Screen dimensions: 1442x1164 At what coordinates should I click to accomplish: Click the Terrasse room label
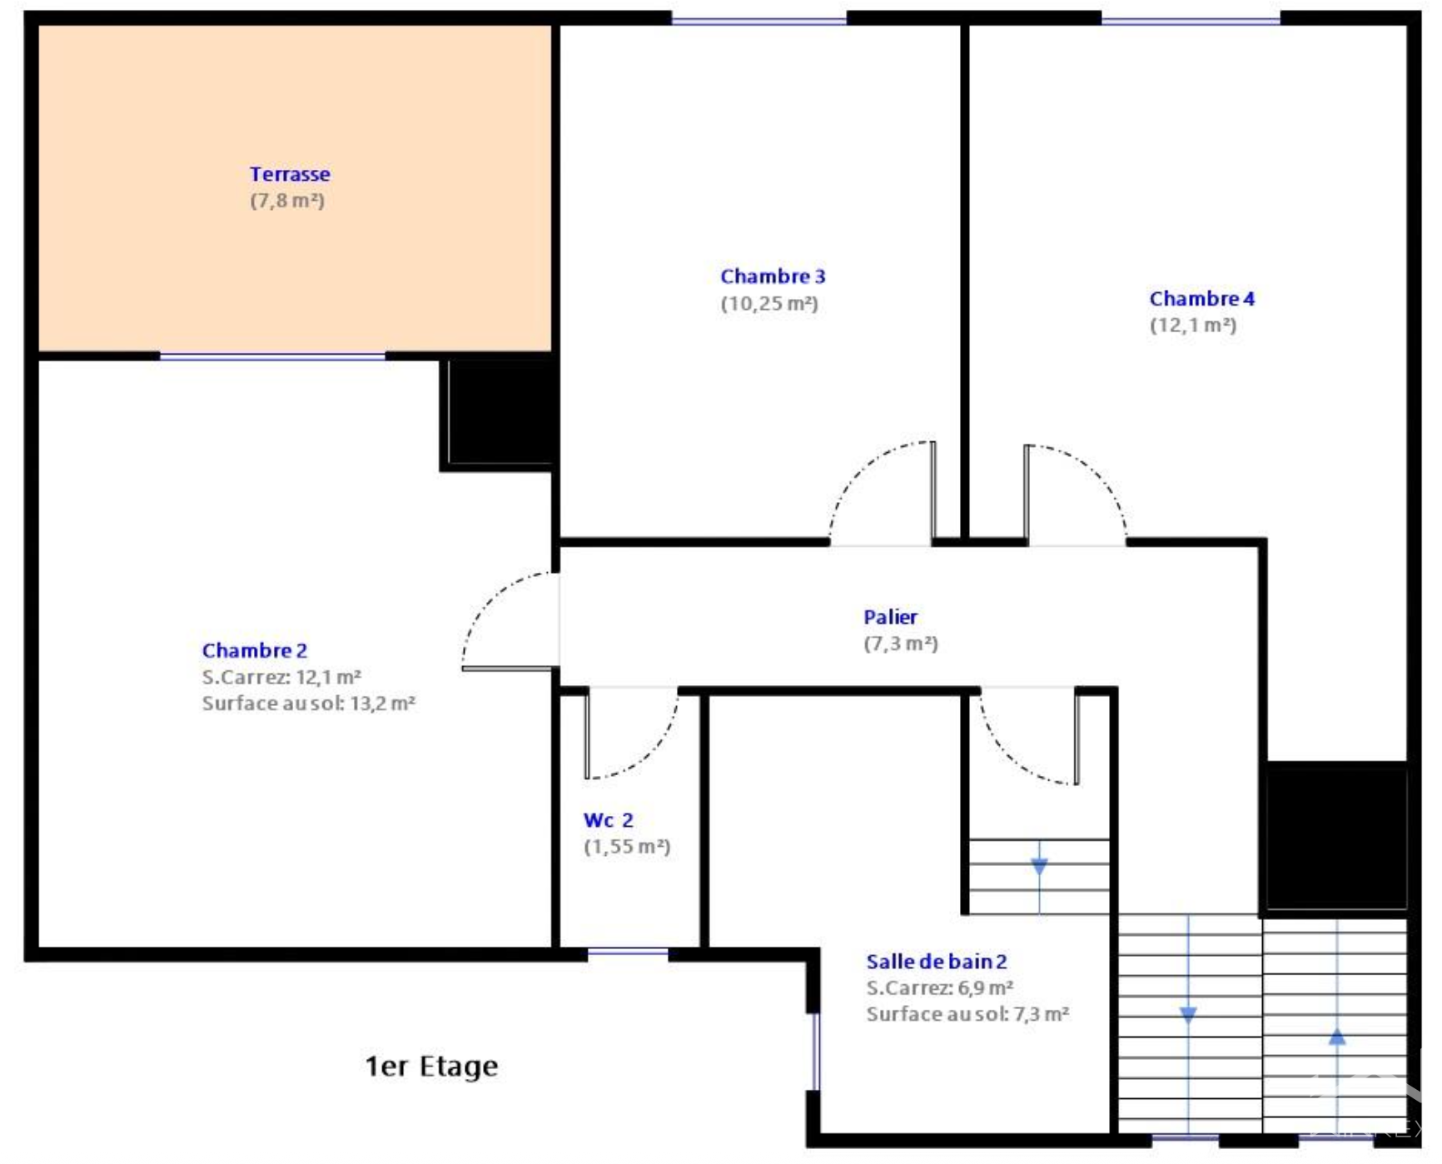pyautogui.click(x=290, y=174)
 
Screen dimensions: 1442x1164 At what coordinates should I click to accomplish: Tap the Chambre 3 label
pyautogui.click(x=773, y=276)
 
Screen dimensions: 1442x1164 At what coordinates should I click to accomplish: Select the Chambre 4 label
pyautogui.click(x=1201, y=298)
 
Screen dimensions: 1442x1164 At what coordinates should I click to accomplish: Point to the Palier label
pyautogui.click(x=890, y=617)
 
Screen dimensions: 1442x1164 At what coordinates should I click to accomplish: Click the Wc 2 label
pyautogui.click(x=609, y=820)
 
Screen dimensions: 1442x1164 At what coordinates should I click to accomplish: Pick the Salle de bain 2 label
pyautogui.click(x=937, y=962)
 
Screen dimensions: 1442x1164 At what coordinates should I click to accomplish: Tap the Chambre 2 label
pyautogui.click(x=255, y=650)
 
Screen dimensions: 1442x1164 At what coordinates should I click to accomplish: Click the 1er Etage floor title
pyautogui.click(x=431, y=1066)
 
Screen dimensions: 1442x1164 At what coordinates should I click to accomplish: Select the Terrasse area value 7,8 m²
pyautogui.click(x=287, y=201)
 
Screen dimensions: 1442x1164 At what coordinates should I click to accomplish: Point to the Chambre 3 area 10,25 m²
pyautogui.click(x=769, y=303)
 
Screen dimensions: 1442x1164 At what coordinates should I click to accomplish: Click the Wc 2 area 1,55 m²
pyautogui.click(x=627, y=847)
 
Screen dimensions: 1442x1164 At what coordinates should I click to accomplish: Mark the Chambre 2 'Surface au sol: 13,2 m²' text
pyautogui.click(x=308, y=704)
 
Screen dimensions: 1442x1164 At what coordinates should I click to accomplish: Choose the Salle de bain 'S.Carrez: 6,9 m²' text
pyautogui.click(x=939, y=988)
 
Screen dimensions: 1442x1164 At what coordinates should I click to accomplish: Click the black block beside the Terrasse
pyautogui.click(x=499, y=413)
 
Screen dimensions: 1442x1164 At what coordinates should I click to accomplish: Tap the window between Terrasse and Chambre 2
pyautogui.click(x=272, y=356)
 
